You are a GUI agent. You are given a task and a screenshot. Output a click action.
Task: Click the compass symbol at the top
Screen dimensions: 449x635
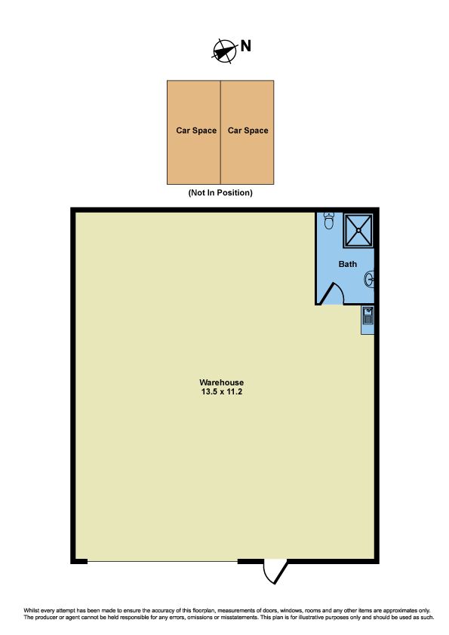coord(225,51)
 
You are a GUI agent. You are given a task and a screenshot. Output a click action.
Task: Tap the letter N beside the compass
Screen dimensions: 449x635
coord(245,46)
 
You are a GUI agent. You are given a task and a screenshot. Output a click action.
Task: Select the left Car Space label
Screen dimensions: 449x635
coord(196,130)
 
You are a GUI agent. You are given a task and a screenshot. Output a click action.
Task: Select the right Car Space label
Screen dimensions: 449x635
coord(248,130)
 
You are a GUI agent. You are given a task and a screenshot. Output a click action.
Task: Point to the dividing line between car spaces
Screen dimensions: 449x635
coord(220,133)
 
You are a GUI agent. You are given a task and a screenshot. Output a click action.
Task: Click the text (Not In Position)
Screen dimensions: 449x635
coord(220,193)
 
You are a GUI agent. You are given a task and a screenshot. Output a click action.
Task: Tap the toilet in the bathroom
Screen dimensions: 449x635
coord(329,221)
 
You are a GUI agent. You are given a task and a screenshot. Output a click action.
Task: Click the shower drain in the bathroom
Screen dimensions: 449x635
coord(358,231)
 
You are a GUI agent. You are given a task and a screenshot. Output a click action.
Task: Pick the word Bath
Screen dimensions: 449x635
coord(348,264)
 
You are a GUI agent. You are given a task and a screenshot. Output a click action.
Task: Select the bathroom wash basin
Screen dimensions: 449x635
coord(369,279)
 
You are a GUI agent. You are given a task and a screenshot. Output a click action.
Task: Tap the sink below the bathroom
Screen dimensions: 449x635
coord(368,315)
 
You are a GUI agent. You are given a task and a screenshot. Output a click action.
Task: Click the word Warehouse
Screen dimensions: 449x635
coord(222,382)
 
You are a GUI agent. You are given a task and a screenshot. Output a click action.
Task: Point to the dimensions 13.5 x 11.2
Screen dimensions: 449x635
coord(222,392)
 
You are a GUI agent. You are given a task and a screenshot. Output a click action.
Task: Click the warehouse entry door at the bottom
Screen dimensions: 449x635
coord(275,571)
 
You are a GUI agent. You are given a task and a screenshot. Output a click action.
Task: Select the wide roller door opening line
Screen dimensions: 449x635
coord(162,561)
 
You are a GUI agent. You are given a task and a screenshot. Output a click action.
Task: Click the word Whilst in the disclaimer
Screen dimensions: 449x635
coord(32,610)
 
